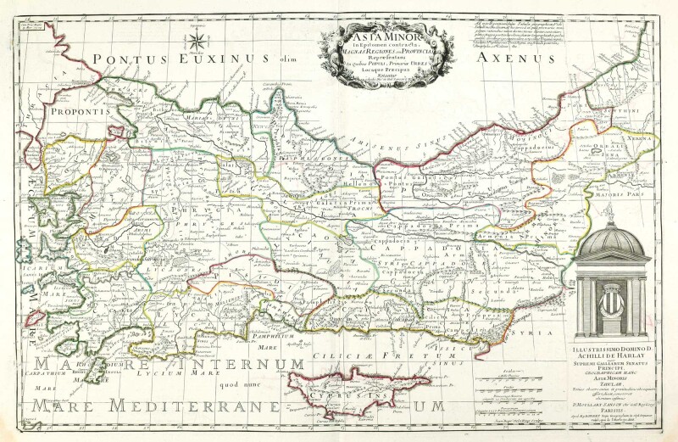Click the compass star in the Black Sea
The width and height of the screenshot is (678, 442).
197,39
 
